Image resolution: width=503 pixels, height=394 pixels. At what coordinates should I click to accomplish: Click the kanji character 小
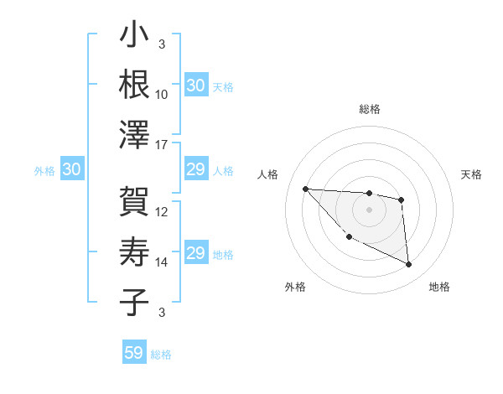coord(134,37)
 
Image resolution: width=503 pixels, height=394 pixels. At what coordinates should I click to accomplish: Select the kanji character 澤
coord(134,134)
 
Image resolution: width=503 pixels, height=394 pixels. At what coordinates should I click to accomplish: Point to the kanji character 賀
coord(134,202)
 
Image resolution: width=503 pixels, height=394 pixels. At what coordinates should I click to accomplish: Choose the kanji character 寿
coord(134,251)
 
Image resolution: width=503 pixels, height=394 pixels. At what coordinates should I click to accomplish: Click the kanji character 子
coord(134,303)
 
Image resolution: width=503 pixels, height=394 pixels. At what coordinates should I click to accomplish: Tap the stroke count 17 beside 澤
coord(162,145)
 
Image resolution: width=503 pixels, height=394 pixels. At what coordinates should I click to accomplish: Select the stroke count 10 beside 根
coord(162,95)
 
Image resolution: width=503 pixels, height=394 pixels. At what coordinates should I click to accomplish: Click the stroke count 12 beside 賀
coord(162,212)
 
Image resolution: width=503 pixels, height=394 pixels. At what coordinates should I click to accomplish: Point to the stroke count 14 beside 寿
coord(162,262)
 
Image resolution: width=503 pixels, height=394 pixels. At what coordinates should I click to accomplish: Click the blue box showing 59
coord(134,353)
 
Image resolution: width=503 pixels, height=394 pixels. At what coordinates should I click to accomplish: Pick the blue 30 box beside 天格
coord(196,86)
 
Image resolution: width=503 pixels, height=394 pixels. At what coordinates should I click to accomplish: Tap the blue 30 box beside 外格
coord(72,170)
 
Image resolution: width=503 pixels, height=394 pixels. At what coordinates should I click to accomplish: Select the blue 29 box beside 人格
coord(196,170)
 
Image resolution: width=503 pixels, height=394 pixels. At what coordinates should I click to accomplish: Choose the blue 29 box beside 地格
coord(196,254)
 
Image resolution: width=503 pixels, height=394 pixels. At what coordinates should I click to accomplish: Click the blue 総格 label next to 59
coord(161,355)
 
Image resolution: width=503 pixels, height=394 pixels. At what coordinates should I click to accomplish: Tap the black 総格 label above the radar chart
coord(369,109)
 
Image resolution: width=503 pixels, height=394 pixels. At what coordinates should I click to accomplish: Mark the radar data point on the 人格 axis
coord(305,189)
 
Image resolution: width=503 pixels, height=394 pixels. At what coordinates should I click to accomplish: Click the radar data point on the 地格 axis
coord(409,265)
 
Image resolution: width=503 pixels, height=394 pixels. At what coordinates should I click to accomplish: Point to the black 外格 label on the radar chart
coord(295,287)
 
